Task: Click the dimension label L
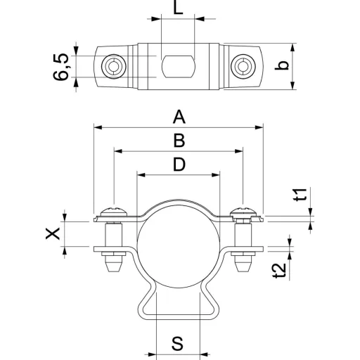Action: point(178,8)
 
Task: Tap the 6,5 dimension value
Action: point(61,67)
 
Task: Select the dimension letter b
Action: point(281,65)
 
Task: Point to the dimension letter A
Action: point(179,117)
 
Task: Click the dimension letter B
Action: point(179,141)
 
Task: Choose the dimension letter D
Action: point(179,165)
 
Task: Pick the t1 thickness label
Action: point(300,195)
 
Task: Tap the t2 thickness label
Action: point(280,271)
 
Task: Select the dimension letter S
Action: point(178,344)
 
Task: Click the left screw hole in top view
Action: point(114,66)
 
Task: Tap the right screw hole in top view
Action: point(243,66)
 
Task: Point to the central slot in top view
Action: point(179,67)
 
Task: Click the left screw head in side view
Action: point(114,212)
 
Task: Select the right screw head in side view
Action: point(243,212)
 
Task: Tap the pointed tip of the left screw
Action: point(114,271)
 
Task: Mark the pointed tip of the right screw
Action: point(243,271)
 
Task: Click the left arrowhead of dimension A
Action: point(98,127)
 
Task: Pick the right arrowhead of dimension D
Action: point(216,175)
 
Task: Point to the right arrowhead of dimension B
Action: point(239,151)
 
